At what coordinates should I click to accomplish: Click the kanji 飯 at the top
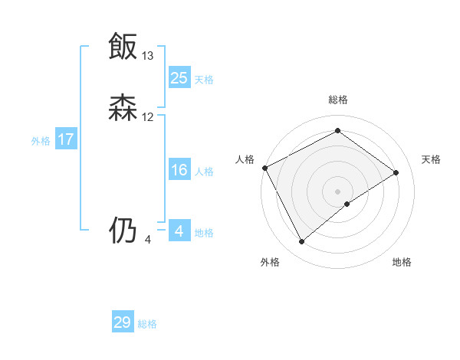123,47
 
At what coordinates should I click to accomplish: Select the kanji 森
123,108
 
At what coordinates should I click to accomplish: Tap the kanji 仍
123,231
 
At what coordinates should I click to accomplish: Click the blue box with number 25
179,77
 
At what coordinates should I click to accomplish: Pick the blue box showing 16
179,170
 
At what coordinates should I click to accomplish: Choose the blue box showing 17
66,139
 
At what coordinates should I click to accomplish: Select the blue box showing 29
123,322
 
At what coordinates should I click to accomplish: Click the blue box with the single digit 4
179,231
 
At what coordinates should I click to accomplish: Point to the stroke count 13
148,56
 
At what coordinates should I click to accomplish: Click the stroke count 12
148,117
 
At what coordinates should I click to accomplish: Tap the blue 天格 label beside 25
204,79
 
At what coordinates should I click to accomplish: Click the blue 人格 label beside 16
204,172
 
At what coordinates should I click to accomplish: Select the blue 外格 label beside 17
41,141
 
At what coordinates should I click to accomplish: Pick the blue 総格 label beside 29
147,324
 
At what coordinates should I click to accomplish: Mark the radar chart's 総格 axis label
338,100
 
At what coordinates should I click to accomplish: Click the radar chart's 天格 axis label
432,159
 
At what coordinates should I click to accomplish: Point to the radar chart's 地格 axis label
402,262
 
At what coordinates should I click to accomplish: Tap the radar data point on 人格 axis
264,168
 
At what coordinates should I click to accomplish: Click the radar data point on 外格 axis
301,242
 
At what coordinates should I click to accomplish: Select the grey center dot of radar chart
338,191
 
